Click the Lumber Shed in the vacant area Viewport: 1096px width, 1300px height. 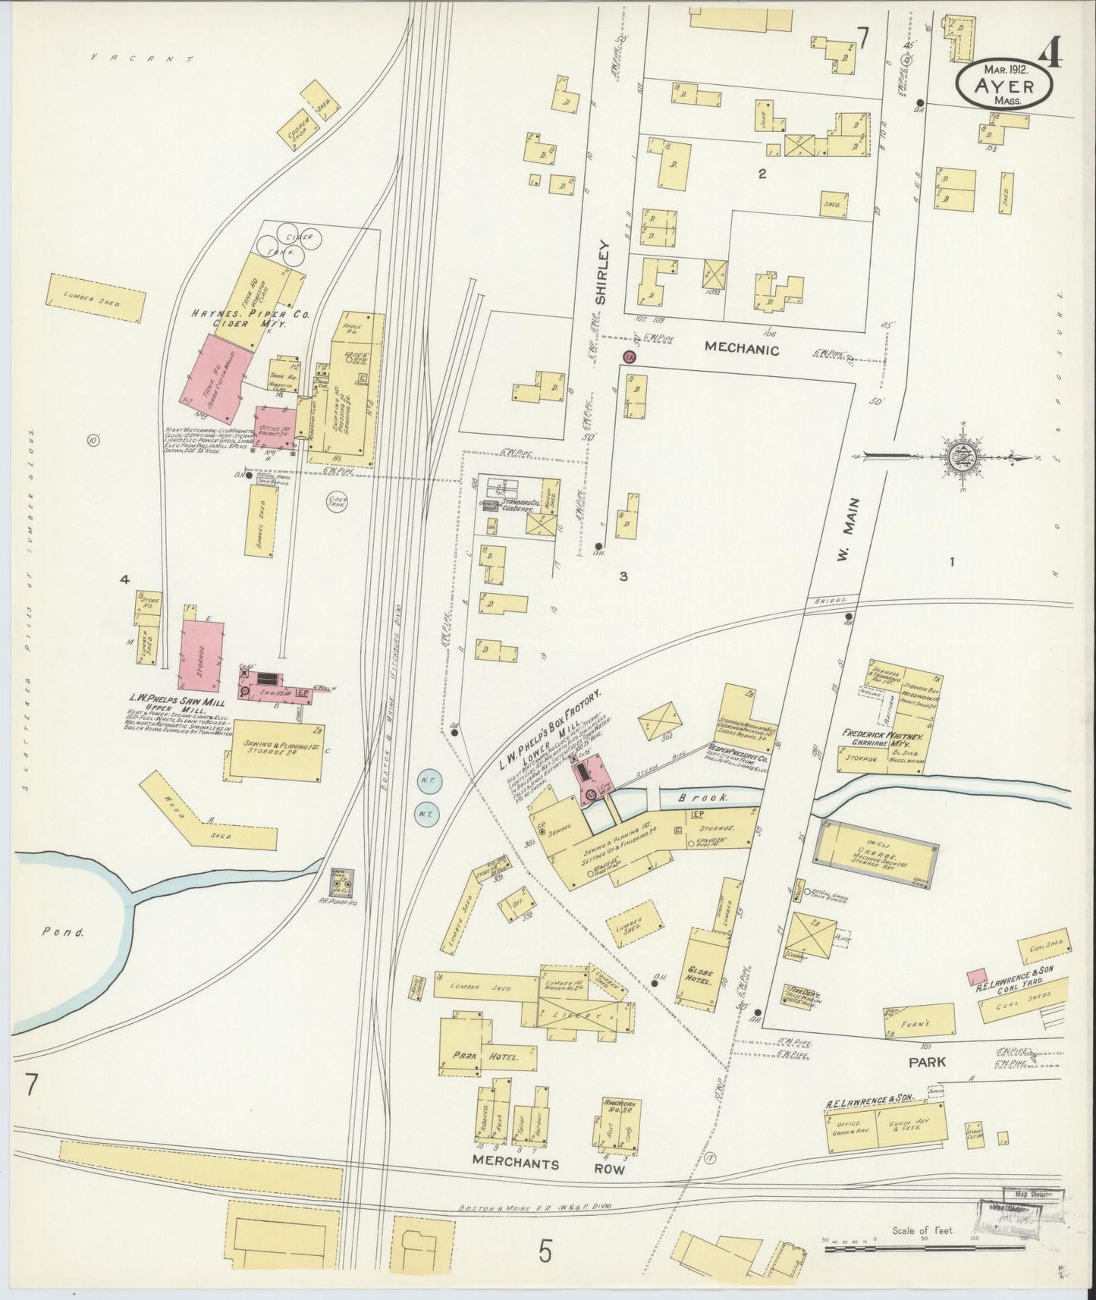coord(95,299)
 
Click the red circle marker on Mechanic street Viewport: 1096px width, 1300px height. coord(629,356)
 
